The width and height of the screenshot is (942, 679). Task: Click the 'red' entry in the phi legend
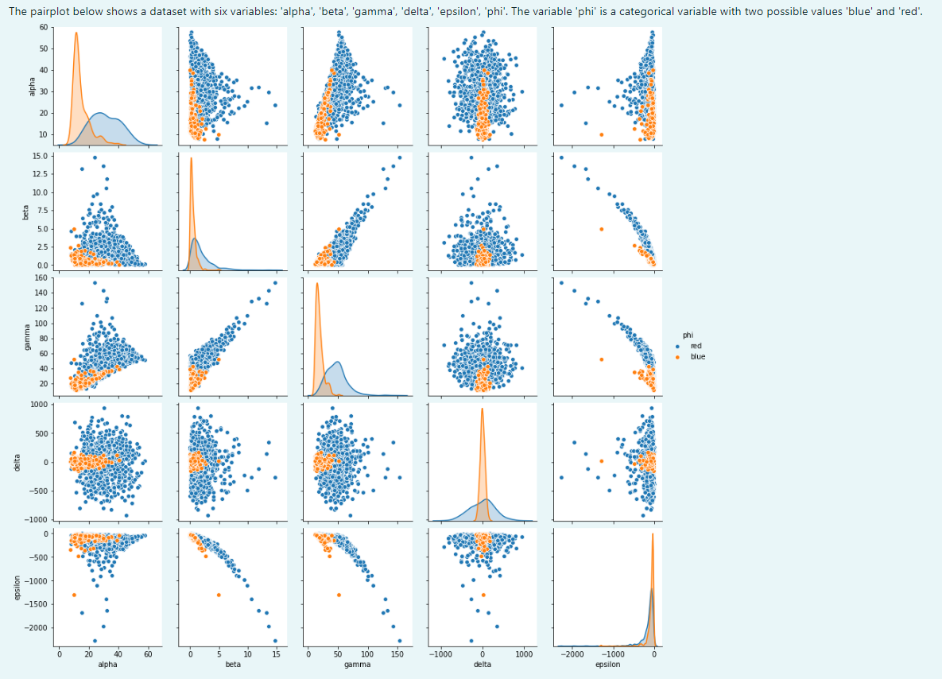(x=696, y=346)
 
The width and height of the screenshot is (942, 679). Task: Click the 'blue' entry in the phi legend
(x=697, y=357)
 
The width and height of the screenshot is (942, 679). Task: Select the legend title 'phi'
(x=688, y=335)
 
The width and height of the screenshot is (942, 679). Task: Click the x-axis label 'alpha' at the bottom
(x=107, y=664)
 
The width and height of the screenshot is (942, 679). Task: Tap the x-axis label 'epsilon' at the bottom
(x=607, y=664)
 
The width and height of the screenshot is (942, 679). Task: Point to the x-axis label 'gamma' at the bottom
(x=357, y=664)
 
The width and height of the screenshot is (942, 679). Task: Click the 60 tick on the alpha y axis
(x=41, y=27)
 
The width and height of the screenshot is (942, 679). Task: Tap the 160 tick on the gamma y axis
(x=39, y=278)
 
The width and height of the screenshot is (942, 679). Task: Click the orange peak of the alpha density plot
(x=76, y=33)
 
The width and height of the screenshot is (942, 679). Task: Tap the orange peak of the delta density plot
(x=482, y=409)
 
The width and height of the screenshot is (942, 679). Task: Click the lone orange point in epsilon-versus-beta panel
(x=218, y=595)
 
